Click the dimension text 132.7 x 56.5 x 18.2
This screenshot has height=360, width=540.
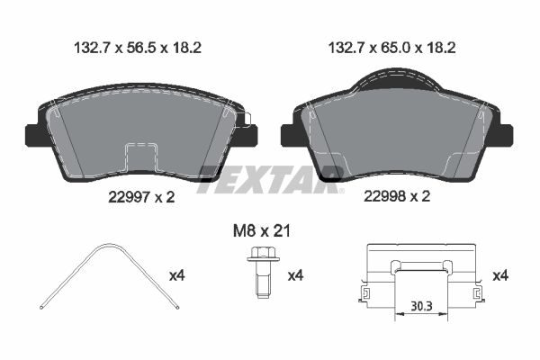click(x=138, y=48)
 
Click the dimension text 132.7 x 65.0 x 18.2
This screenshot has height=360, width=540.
click(x=391, y=48)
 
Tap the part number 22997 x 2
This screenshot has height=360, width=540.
click(x=141, y=197)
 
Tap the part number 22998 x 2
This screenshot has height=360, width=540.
click(x=397, y=197)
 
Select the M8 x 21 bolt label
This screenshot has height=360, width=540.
click(x=261, y=230)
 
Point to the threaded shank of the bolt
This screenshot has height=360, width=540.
click(x=263, y=280)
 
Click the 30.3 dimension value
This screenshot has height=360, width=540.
click(x=421, y=306)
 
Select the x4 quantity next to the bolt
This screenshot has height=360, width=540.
click(x=295, y=275)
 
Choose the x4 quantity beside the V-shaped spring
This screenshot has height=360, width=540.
click(x=177, y=275)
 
